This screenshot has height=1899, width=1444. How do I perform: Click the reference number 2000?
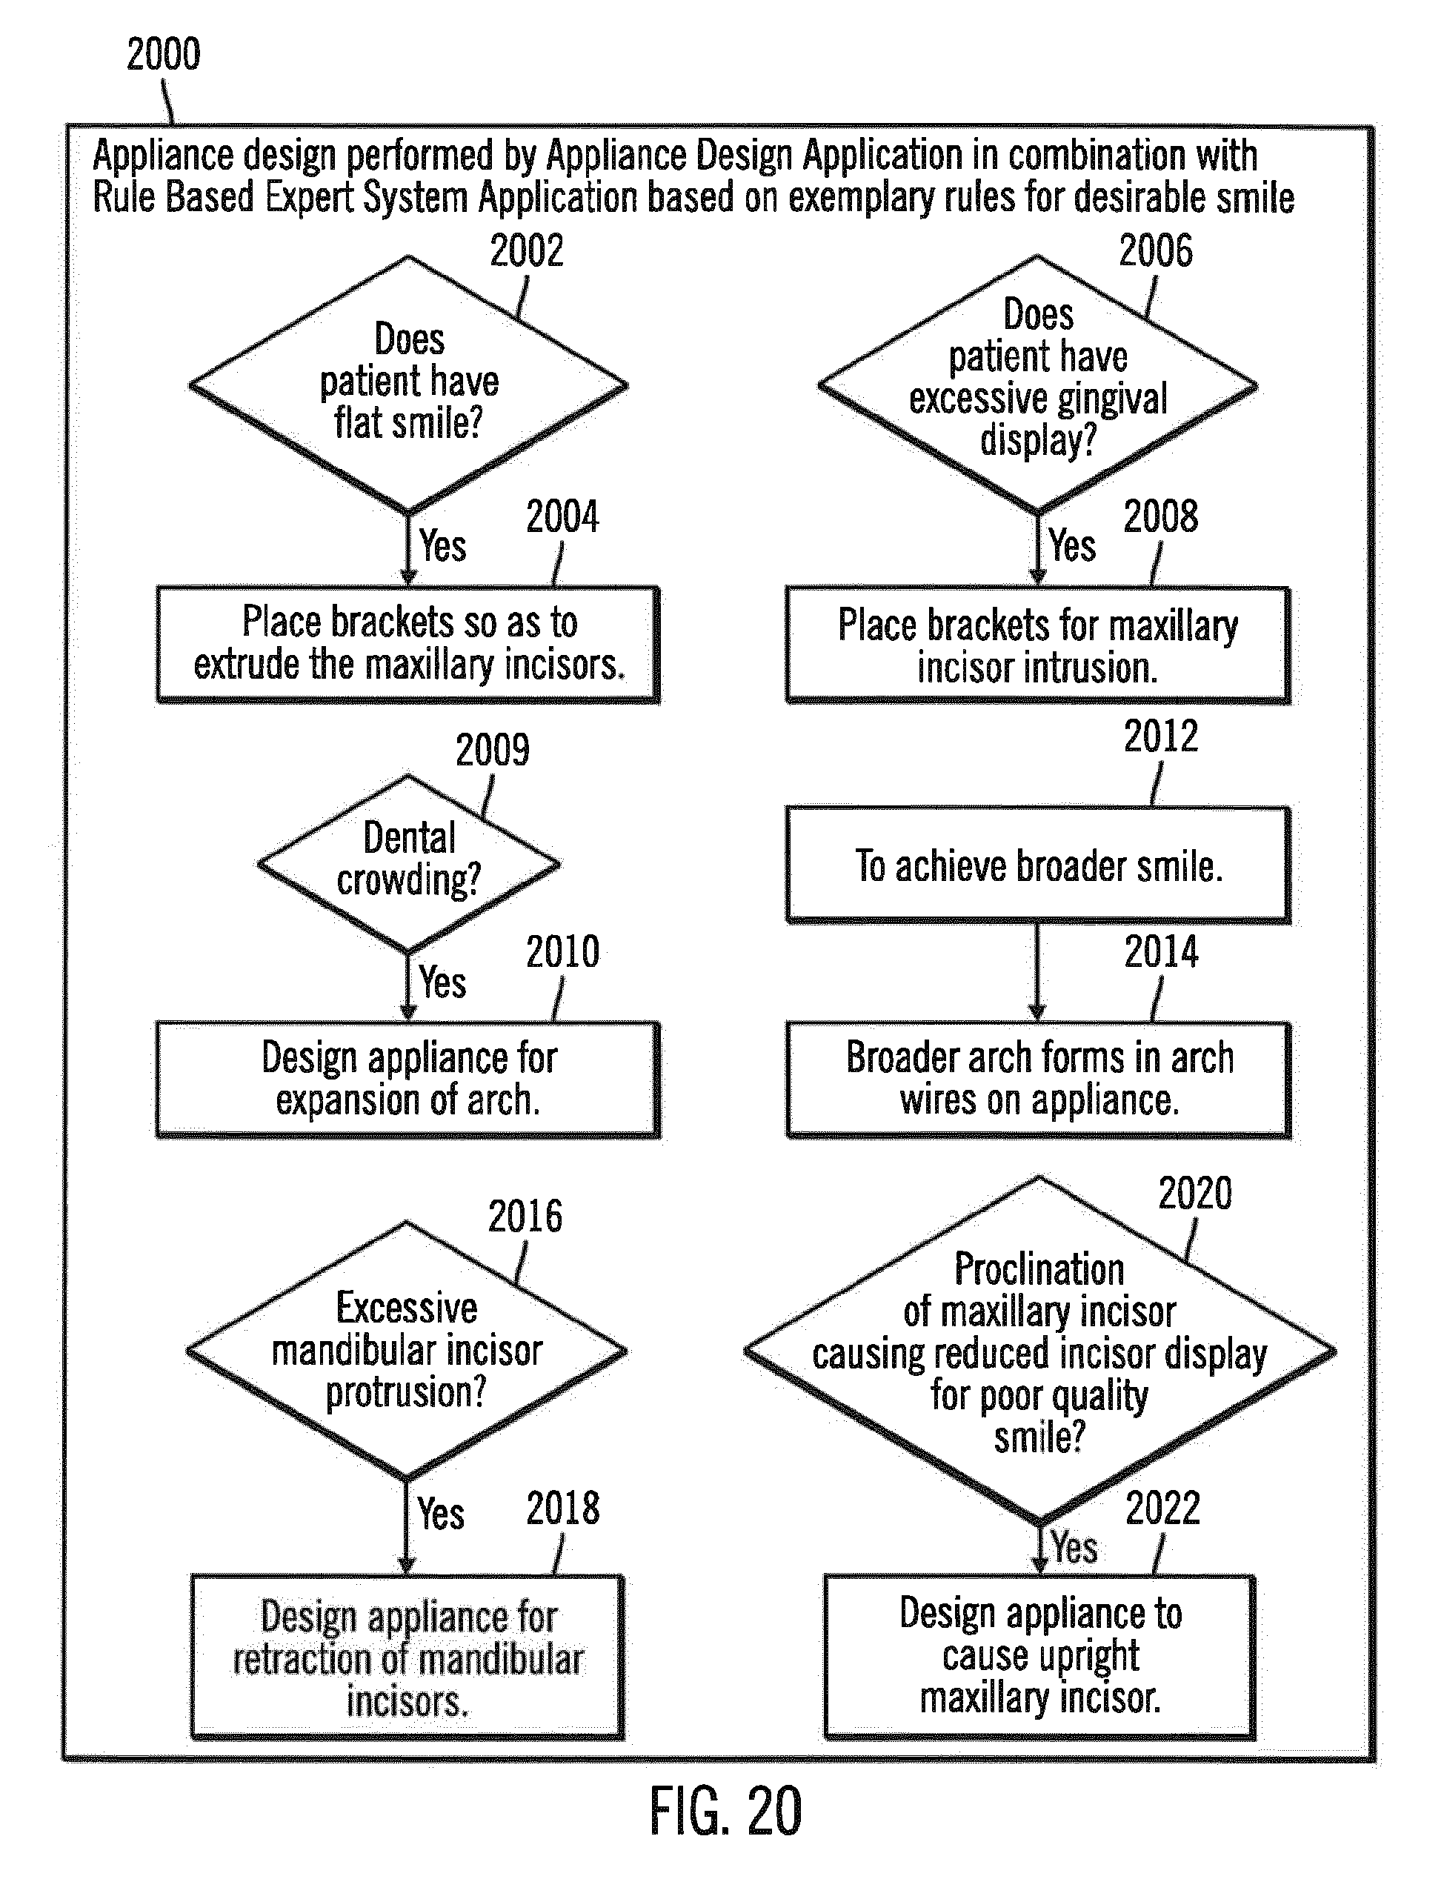[x=163, y=54]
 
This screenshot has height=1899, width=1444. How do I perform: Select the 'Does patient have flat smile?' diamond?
[x=408, y=385]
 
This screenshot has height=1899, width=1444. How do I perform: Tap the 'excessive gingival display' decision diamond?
[x=1037, y=385]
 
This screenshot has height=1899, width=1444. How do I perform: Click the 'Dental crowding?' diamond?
[x=408, y=862]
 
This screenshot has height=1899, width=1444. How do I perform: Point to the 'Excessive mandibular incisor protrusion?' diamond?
[x=407, y=1350]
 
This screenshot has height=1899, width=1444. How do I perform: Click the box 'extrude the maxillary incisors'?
[x=408, y=644]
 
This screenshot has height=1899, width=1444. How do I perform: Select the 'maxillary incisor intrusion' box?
[x=1037, y=645]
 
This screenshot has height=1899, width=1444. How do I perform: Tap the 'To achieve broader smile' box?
[x=1037, y=864]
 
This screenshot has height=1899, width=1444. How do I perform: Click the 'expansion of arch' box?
[x=408, y=1079]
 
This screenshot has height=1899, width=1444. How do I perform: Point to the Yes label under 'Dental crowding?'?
[x=442, y=982]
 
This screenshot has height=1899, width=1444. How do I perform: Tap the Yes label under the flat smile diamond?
[x=442, y=546]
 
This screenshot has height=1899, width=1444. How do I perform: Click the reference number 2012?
[x=1160, y=736]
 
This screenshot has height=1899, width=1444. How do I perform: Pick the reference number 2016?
[x=525, y=1217]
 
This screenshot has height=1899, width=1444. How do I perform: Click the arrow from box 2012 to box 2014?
[x=1037, y=971]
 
